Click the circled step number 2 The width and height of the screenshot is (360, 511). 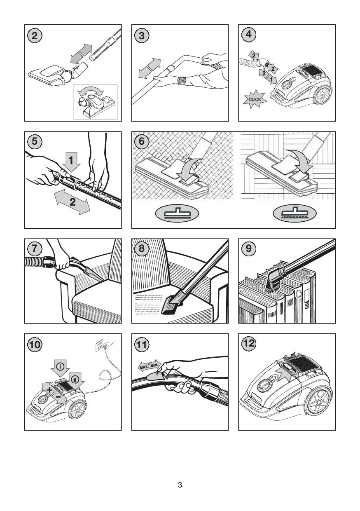point(35,36)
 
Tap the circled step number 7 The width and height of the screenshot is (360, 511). point(35,248)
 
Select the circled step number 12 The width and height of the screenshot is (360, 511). point(249,343)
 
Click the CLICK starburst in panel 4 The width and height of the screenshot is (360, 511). point(255,99)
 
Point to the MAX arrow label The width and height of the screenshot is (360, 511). point(144,367)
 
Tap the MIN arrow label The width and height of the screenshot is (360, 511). point(155,365)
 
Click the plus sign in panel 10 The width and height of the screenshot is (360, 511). point(49,390)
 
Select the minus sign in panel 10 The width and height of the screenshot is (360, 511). point(58,397)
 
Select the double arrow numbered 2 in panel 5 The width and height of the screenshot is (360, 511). point(72,203)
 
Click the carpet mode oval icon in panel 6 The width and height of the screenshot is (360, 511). point(177,213)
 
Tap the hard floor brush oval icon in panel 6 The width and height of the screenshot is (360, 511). point(295,213)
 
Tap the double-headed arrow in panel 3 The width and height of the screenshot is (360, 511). point(150,68)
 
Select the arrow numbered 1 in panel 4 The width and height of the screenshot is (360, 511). point(271,80)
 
